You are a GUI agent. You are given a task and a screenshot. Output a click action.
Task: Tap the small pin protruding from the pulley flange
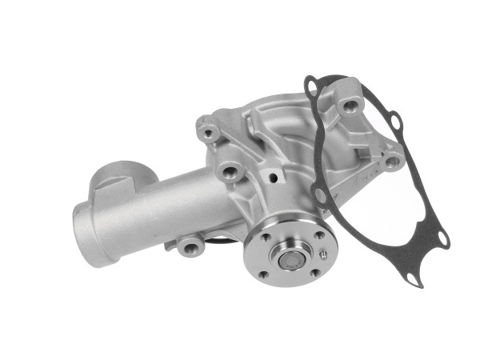pyautogui.click(x=323, y=255)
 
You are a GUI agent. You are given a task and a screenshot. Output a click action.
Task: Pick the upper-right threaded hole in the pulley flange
pyautogui.click(x=318, y=234)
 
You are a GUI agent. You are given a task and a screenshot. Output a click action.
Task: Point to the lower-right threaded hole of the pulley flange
pyautogui.click(x=315, y=273)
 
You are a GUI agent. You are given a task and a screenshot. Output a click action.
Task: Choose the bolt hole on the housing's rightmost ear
pyautogui.click(x=392, y=161)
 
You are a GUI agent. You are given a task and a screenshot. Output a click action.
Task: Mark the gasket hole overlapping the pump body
pyautogui.click(x=320, y=195)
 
